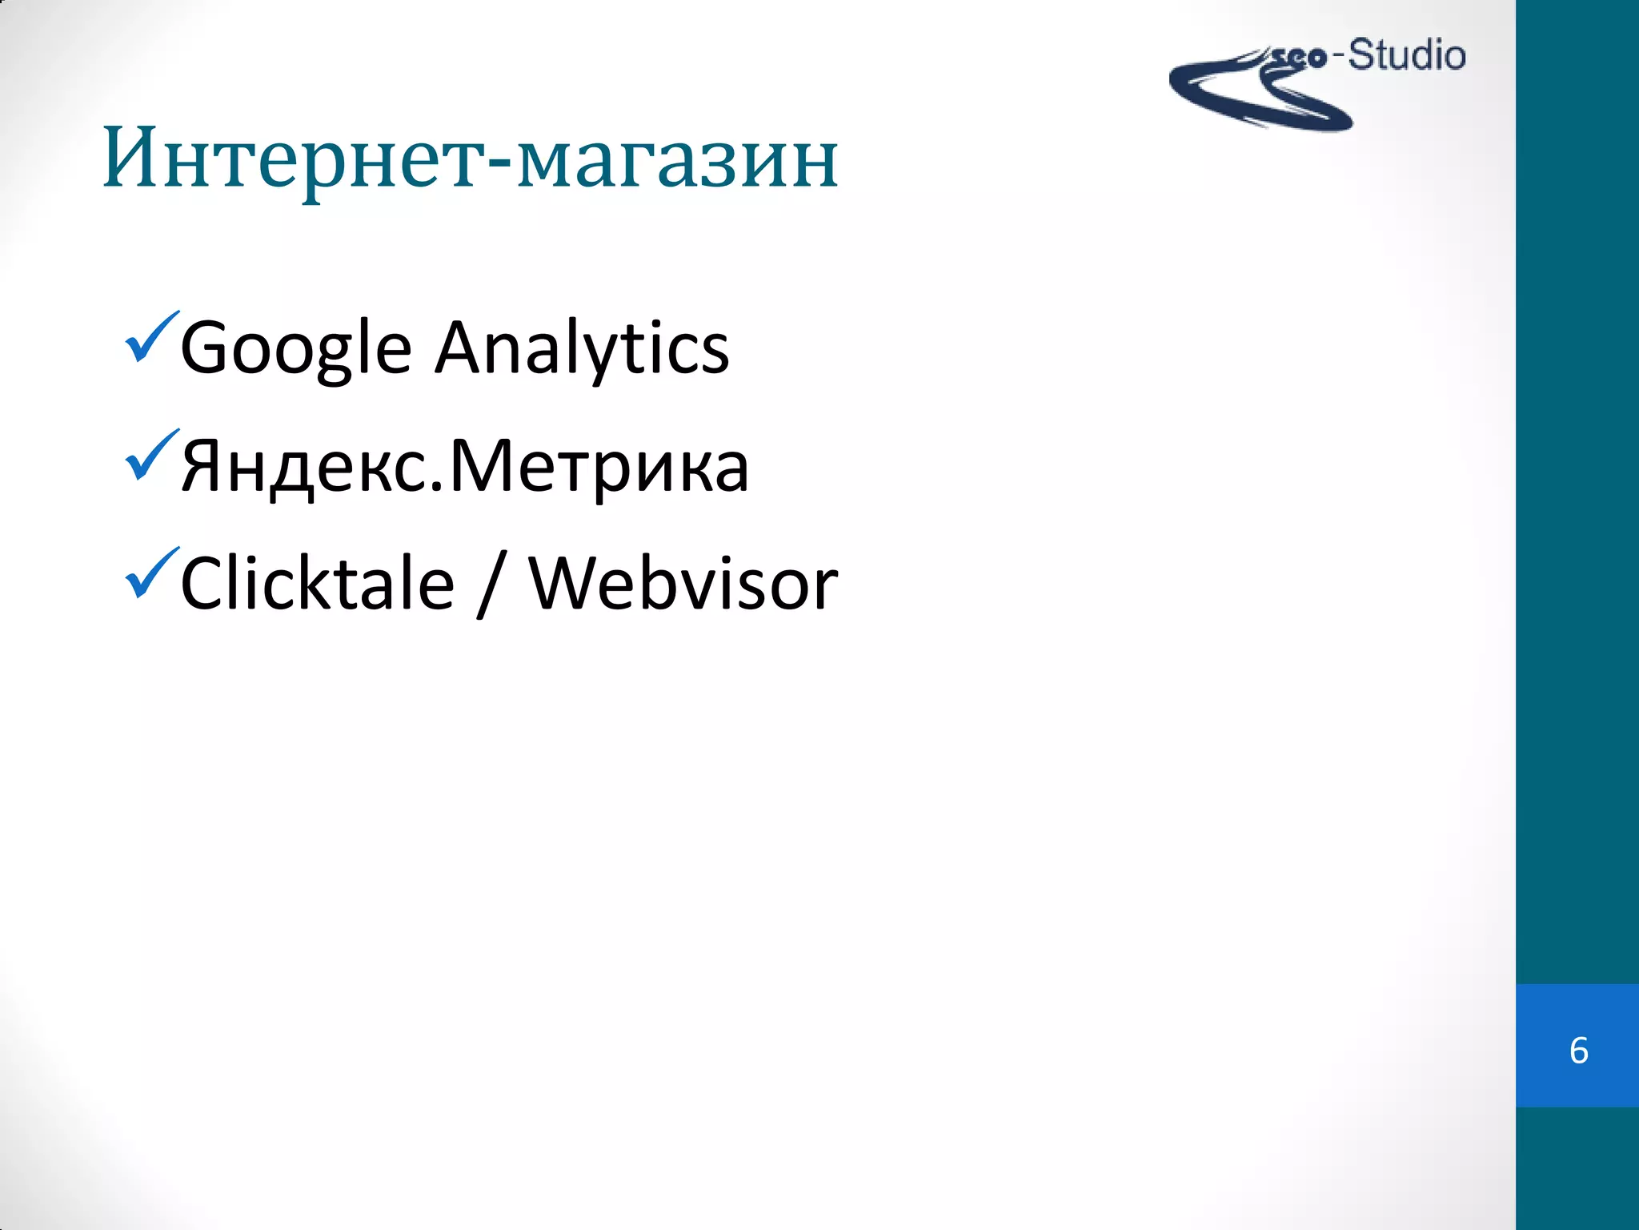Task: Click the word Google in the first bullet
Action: pos(296,349)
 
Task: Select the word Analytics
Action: pos(582,349)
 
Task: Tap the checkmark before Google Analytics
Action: pos(150,338)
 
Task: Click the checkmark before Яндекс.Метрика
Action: pos(150,456)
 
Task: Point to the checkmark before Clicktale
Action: pos(150,573)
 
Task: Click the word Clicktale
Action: pos(318,584)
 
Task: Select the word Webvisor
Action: pos(683,584)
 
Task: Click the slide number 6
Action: pos(1578,1051)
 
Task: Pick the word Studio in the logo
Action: pos(1407,56)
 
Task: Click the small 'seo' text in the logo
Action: pos(1299,58)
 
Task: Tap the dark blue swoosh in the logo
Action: pos(1248,100)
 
